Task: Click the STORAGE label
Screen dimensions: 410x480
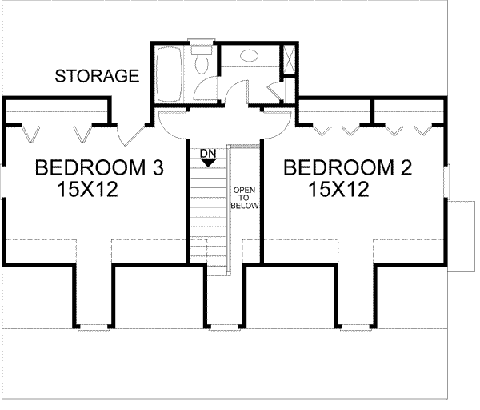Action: pos(97,77)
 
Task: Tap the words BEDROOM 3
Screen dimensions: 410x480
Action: pos(100,169)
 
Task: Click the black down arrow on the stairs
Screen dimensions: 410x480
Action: pos(207,162)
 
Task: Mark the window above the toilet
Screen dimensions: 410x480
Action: pos(198,41)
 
